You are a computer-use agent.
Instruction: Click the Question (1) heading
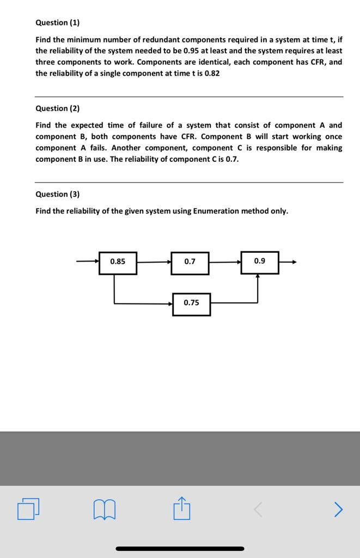(x=57, y=22)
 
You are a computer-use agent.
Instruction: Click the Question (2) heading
(x=57, y=108)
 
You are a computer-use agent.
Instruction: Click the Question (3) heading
(x=57, y=194)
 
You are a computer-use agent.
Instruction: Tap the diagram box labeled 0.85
(x=118, y=262)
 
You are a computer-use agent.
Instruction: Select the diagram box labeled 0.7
(x=190, y=262)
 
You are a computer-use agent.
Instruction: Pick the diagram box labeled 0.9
(x=260, y=262)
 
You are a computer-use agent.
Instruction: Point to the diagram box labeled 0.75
(x=191, y=304)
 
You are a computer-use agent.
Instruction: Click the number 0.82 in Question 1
(x=212, y=73)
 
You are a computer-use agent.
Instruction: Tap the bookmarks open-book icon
(x=105, y=510)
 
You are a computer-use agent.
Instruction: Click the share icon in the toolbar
(x=181, y=509)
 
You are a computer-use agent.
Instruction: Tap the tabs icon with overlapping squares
(x=28, y=510)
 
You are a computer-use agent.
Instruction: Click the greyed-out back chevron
(x=259, y=510)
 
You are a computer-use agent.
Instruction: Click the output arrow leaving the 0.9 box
(x=288, y=262)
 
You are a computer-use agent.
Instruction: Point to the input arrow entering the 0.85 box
(x=88, y=262)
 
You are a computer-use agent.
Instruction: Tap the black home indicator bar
(x=180, y=548)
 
